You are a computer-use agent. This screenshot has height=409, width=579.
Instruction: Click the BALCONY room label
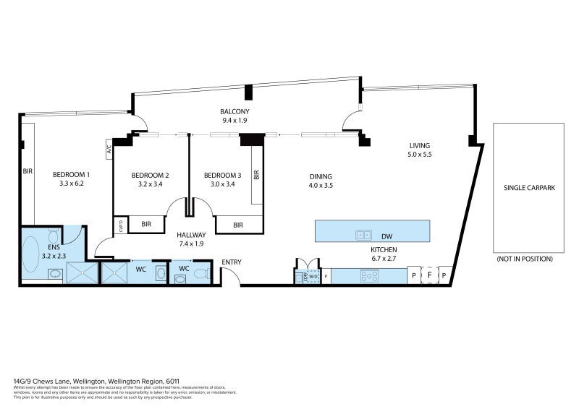(234, 111)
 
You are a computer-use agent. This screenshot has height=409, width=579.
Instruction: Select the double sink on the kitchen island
(363, 234)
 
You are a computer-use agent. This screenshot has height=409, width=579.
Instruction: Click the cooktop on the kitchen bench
(369, 275)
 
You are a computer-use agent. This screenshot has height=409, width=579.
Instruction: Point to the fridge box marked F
(428, 275)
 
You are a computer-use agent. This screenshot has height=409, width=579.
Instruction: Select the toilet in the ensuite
(53, 236)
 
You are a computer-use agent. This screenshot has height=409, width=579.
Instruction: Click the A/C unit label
(109, 151)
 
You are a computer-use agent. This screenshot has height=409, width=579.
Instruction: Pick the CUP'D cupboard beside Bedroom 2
(120, 225)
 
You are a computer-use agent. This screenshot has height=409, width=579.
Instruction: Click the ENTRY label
(232, 262)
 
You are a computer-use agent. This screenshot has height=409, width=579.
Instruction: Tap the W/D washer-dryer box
(313, 275)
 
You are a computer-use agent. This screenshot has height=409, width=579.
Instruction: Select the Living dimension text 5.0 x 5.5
(419, 154)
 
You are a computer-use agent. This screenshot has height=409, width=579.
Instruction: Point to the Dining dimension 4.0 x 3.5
(320, 185)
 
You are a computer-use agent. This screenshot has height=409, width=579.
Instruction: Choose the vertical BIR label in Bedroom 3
(256, 174)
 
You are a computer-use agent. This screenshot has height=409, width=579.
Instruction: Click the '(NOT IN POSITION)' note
(525, 258)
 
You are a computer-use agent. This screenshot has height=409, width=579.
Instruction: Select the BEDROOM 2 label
(150, 175)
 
